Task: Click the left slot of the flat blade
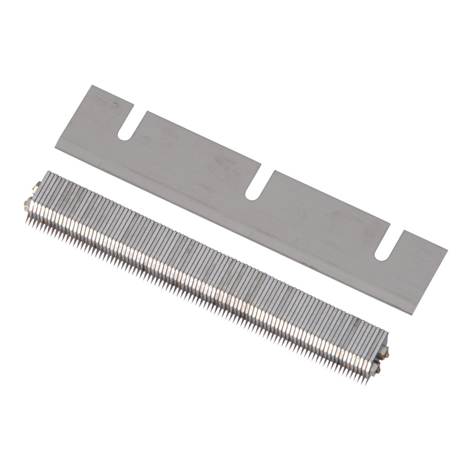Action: click(x=125, y=124)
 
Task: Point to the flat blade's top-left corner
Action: click(x=91, y=86)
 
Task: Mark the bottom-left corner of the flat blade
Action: click(x=55, y=147)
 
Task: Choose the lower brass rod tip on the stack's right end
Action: click(x=377, y=371)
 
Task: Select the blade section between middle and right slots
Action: click(x=322, y=212)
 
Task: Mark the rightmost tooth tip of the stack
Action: click(x=367, y=383)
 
